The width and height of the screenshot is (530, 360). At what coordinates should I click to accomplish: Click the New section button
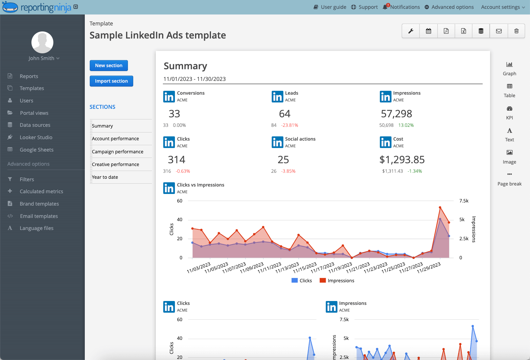(108, 65)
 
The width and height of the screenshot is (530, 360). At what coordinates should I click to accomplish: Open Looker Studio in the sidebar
(36, 137)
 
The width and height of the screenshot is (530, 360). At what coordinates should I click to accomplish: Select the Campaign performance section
(117, 152)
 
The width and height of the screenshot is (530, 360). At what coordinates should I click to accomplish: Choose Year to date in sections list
(105, 177)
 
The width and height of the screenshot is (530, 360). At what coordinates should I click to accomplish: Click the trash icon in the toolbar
(516, 31)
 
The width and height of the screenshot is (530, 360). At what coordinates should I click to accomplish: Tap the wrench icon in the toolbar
(411, 31)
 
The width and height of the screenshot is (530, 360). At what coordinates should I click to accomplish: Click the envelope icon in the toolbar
(499, 31)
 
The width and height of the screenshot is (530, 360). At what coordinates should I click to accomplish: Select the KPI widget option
(509, 112)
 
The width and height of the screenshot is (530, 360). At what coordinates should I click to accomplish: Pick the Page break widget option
(509, 179)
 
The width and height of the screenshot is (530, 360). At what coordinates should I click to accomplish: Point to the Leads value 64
(284, 114)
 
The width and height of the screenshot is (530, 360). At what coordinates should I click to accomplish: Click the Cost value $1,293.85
(402, 160)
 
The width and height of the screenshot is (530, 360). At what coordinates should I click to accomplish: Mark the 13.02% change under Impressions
(406, 125)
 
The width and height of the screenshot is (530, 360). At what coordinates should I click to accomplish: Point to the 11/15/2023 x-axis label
(305, 267)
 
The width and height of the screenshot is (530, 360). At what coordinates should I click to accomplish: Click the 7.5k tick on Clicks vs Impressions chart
(464, 201)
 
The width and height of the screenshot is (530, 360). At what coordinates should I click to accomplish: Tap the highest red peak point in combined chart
(440, 207)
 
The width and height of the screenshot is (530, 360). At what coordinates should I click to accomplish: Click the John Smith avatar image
(42, 42)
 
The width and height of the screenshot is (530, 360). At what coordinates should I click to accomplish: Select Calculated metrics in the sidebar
(41, 191)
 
